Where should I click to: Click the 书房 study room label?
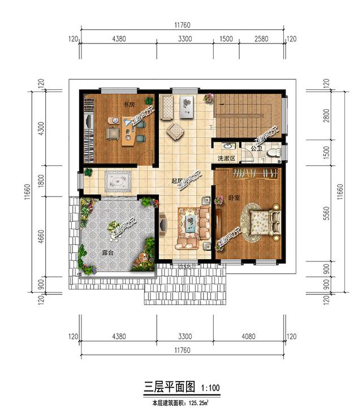click(x=128, y=105)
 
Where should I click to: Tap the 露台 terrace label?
click(x=107, y=253)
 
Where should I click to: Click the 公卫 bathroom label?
click(x=256, y=149)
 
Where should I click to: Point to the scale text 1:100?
click(x=209, y=388)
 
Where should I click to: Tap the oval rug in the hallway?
click(x=118, y=182)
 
